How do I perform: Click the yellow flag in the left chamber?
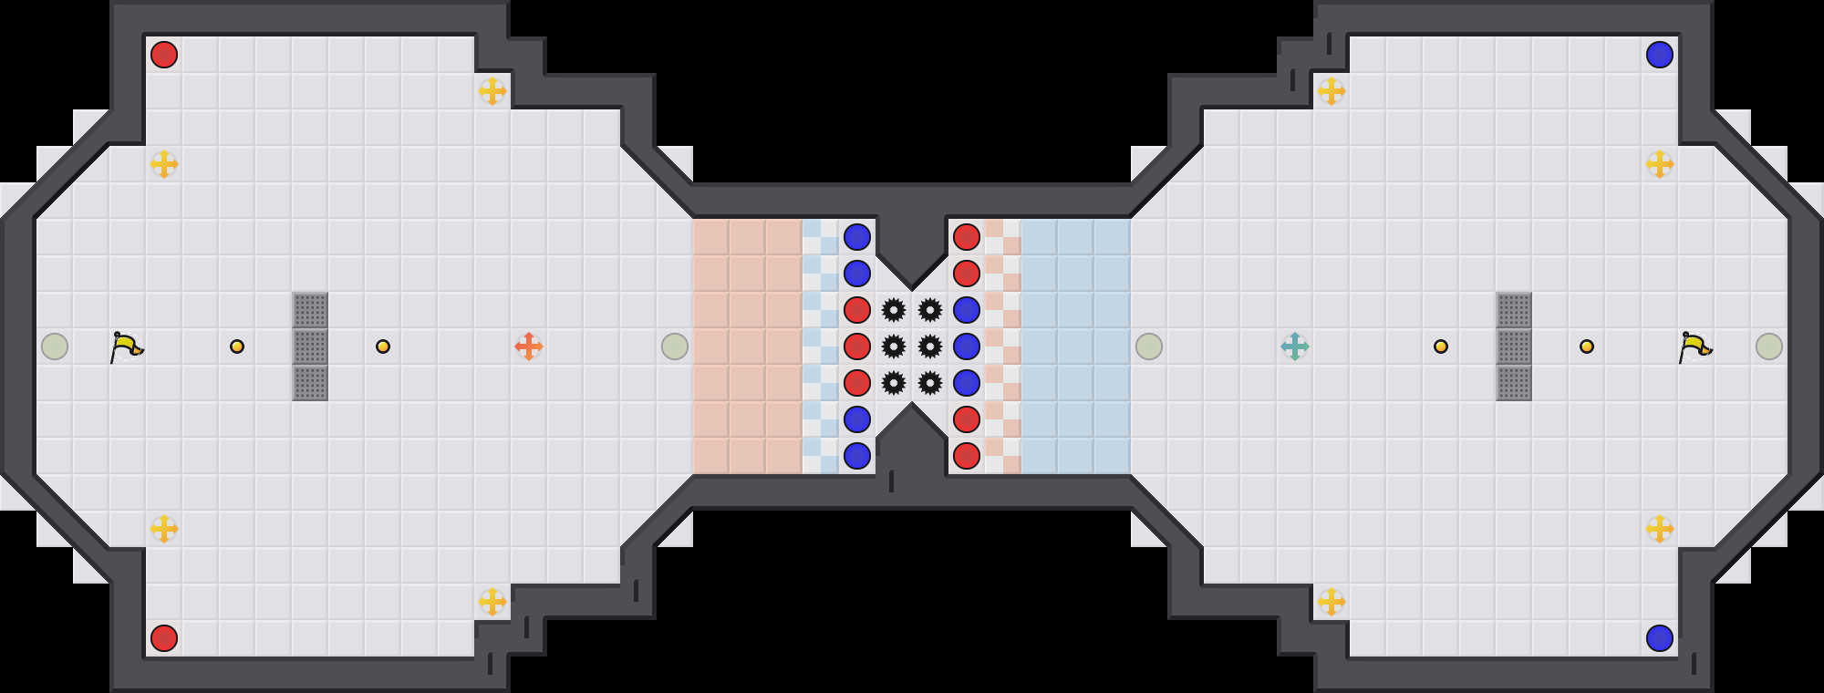[x=127, y=346]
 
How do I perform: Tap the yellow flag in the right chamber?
[x=1695, y=346]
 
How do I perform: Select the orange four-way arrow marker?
[x=529, y=346]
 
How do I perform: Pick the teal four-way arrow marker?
[x=1295, y=346]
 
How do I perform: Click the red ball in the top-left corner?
[x=164, y=55]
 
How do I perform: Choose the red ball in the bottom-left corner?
[x=164, y=638]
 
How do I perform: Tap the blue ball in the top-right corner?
[x=1660, y=55]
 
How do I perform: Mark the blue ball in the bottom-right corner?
[x=1660, y=638]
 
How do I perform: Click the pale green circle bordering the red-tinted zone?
[x=675, y=346]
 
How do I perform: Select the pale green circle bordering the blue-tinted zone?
[x=1149, y=346]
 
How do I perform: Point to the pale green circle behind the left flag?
[x=55, y=346]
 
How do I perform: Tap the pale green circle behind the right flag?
[x=1769, y=346]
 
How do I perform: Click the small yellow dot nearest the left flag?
[x=237, y=346]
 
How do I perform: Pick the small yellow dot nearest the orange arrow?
[x=383, y=346]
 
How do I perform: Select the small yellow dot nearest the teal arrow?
[x=1441, y=346]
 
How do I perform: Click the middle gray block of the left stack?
[x=310, y=346]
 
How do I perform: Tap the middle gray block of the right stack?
[x=1514, y=346]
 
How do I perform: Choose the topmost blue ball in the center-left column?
[x=857, y=237]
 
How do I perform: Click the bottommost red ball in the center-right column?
[x=967, y=456]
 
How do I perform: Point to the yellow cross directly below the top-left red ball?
[x=164, y=164]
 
